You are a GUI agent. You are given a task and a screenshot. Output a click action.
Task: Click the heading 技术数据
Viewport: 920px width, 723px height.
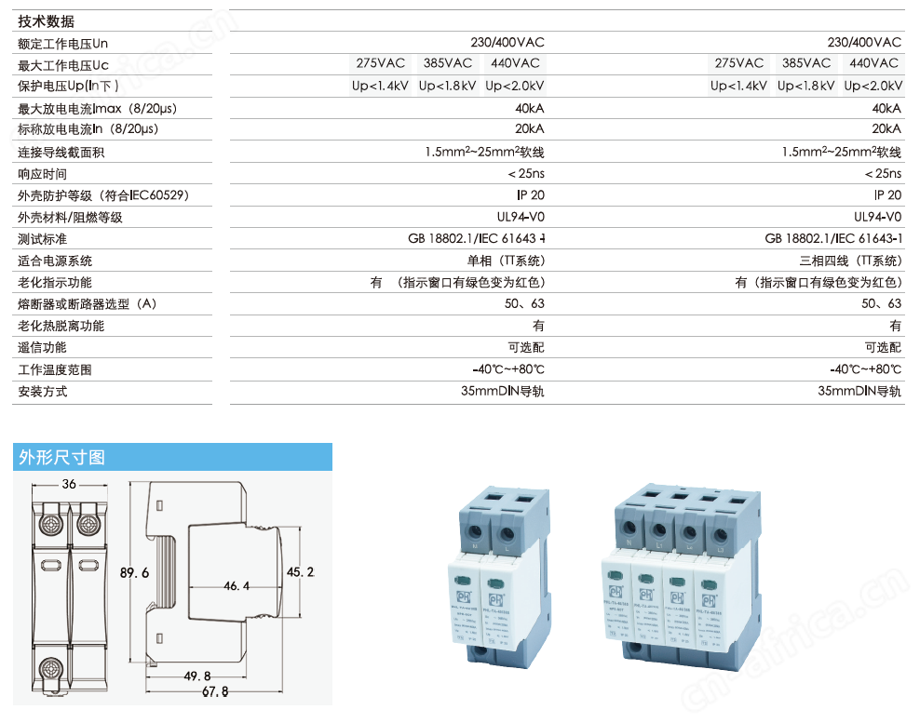point(47,21)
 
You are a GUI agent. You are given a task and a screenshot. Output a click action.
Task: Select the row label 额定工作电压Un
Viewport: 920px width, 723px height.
point(62,43)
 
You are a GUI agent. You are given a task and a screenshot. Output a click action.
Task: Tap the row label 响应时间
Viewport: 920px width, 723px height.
point(43,174)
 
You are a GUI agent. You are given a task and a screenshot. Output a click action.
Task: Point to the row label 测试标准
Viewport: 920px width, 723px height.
point(43,239)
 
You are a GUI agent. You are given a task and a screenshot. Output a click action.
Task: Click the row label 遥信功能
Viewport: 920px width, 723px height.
point(43,347)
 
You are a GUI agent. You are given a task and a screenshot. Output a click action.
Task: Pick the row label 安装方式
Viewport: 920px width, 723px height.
point(43,391)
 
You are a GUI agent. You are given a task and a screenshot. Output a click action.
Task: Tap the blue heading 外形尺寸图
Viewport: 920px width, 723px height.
point(61,457)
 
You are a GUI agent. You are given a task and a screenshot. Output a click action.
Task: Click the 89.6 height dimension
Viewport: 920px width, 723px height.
point(135,574)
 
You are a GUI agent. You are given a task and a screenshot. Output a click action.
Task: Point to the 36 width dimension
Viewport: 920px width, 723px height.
point(68,485)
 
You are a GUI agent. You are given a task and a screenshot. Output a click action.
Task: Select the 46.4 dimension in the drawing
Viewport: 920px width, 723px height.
point(237,586)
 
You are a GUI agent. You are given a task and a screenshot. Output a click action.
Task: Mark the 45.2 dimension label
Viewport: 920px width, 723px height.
point(300,571)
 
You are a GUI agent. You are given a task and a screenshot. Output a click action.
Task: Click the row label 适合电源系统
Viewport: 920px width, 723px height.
point(55,261)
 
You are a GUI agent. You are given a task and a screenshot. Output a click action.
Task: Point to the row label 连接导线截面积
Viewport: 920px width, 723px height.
point(61,152)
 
